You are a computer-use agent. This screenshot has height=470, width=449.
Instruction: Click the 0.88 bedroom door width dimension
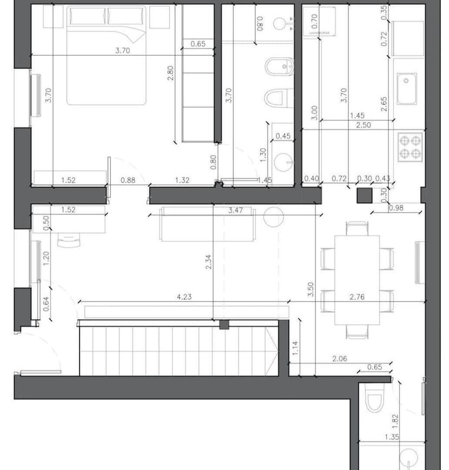point(128,181)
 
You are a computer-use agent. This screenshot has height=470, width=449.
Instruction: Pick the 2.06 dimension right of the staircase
point(340,359)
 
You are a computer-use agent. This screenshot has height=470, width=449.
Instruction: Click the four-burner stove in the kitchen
point(410,146)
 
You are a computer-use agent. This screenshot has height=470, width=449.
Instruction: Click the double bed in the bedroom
point(107,57)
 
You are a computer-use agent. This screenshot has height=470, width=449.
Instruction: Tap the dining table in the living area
point(357,279)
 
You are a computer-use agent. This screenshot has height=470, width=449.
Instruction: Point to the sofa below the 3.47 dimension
point(207,225)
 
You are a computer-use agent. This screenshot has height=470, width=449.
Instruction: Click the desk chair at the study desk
point(68,240)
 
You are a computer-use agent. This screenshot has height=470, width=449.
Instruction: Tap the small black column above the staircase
point(224,325)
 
